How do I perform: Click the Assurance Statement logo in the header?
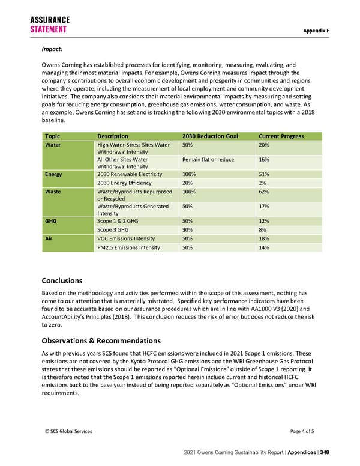tap(49, 25)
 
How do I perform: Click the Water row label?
tap(53, 145)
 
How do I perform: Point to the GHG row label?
tap(52, 221)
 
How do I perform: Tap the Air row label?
tap(49, 238)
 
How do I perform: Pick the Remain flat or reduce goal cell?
tap(208, 160)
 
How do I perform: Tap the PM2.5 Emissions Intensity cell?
tap(128, 247)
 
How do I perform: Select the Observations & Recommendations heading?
tap(101, 340)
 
